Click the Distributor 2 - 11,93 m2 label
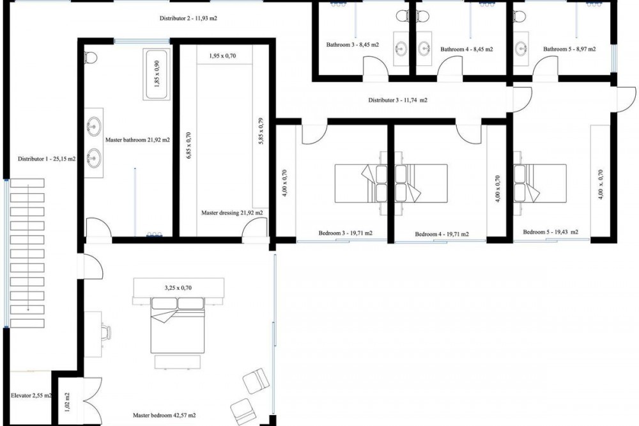click(x=188, y=19)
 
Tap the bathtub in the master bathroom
click(x=157, y=74)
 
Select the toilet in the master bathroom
click(x=90, y=58)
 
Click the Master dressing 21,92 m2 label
click(x=232, y=212)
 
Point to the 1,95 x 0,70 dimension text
click(x=222, y=56)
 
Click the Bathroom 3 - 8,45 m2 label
click(x=352, y=45)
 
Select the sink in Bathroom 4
click(x=425, y=48)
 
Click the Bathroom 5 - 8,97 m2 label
click(x=569, y=49)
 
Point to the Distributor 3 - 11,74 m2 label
click(x=397, y=100)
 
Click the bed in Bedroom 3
click(x=360, y=183)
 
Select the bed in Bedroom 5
click(x=540, y=183)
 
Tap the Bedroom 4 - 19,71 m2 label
click(x=442, y=234)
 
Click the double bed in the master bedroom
click(x=177, y=325)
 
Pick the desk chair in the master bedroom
click(x=105, y=333)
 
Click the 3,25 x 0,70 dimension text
click(x=178, y=288)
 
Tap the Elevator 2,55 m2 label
click(x=31, y=395)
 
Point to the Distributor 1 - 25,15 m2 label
click(x=47, y=159)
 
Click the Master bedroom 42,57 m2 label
click(x=164, y=415)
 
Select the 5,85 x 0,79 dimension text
click(x=261, y=131)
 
